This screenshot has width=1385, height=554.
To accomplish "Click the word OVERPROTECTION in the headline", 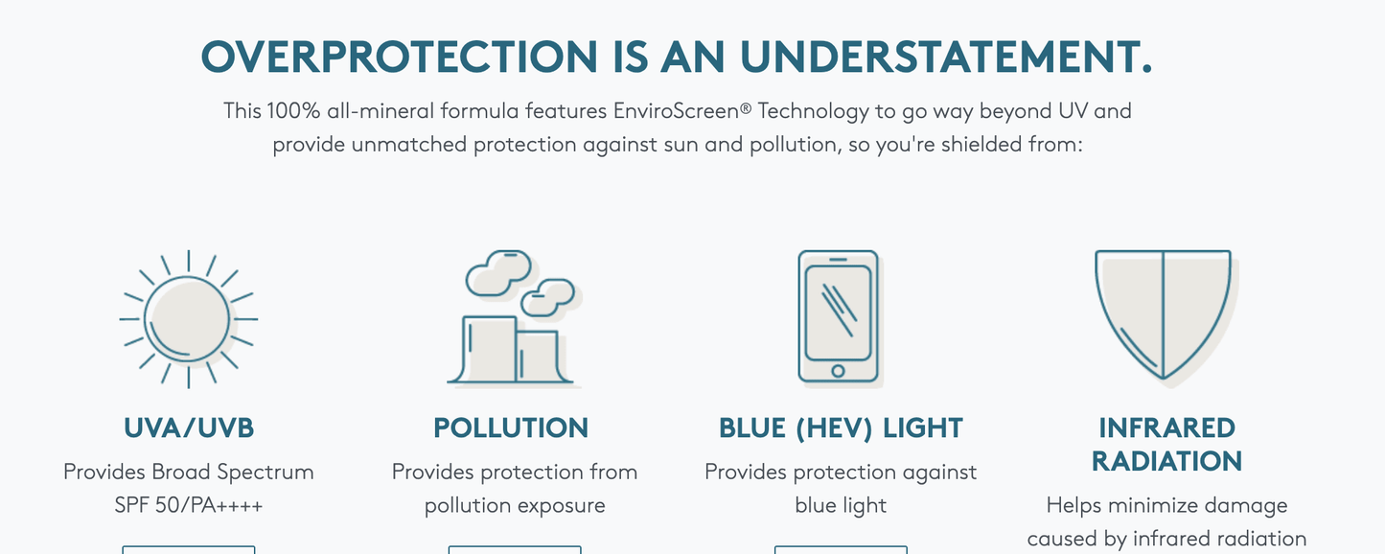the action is click(x=400, y=57).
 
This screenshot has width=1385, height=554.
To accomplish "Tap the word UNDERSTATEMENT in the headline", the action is click(x=946, y=57).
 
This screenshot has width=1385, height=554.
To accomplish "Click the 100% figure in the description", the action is click(x=293, y=110).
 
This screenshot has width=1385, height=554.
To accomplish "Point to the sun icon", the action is click(x=189, y=319).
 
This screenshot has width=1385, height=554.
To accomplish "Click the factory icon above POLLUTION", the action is click(x=514, y=319).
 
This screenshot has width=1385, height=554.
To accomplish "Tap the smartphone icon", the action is click(x=840, y=319).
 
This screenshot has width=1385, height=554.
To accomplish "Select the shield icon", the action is click(x=1165, y=316).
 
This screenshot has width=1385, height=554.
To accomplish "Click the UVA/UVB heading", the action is click(x=189, y=427).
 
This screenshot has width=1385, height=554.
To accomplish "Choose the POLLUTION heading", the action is click(x=511, y=427).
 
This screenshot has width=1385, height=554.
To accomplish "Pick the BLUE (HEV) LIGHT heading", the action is click(x=841, y=427).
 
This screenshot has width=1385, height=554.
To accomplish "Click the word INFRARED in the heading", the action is click(x=1166, y=427).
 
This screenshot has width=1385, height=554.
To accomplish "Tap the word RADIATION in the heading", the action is click(x=1166, y=461).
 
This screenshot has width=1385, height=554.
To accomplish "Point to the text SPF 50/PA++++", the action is click(x=189, y=505).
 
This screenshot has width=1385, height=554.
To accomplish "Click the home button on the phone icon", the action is click(x=838, y=370).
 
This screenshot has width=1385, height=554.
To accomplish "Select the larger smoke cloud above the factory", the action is click(x=497, y=273).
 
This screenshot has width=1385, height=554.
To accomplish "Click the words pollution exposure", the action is click(x=515, y=506).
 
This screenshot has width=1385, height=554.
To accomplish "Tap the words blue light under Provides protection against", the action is click(x=841, y=506).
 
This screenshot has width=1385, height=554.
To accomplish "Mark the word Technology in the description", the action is click(x=814, y=111).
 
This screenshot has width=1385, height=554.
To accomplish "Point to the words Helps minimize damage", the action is click(x=1166, y=506).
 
